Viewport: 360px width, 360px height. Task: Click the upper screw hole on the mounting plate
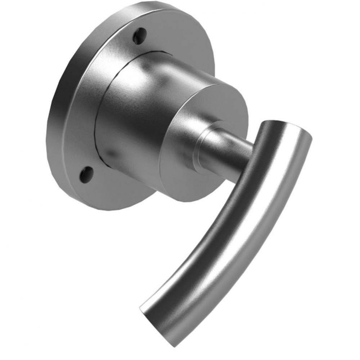[140, 36]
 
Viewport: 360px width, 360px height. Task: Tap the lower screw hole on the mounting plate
[86, 174]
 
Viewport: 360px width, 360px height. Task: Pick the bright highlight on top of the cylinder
[144, 72]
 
